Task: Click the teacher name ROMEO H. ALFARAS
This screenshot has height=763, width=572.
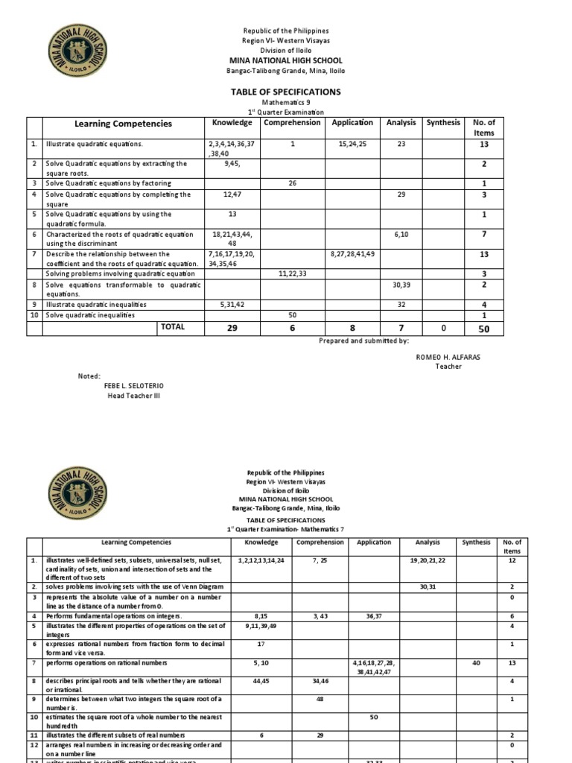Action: click(448, 357)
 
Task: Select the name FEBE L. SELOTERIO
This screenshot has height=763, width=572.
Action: click(133, 385)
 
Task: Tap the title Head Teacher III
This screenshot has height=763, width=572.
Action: click(134, 396)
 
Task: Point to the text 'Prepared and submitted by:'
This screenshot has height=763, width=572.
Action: click(363, 340)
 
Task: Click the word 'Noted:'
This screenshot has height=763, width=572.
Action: click(89, 376)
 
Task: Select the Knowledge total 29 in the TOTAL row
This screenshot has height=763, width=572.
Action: click(231, 328)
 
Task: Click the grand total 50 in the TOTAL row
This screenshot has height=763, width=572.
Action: click(485, 328)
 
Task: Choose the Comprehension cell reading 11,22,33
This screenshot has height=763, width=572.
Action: click(293, 274)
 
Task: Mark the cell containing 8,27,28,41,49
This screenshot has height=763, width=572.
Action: click(353, 254)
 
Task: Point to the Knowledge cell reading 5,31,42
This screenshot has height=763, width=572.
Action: click(231, 305)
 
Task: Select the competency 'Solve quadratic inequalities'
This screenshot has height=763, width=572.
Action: click(90, 315)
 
